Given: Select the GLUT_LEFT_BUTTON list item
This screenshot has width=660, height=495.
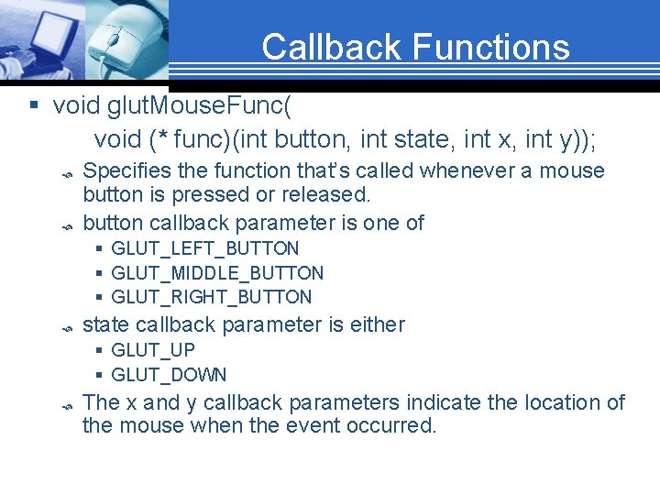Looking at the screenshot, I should point(204,248).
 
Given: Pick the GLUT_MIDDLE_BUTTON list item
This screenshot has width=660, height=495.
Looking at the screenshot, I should point(217,273).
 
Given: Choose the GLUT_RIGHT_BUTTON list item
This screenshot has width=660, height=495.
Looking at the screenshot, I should point(211,297).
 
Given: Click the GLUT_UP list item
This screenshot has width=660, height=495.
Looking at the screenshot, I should point(152,350).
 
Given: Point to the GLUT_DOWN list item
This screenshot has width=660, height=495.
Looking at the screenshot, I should point(169,375).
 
